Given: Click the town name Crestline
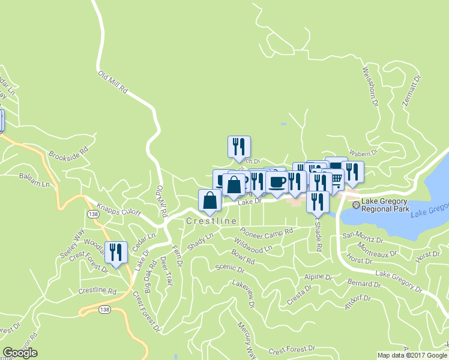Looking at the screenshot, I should coord(211,221).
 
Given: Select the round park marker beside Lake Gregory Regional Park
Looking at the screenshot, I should coord(355,205).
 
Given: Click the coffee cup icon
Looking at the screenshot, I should coord(277,181).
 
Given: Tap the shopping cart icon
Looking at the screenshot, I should coord(335,178).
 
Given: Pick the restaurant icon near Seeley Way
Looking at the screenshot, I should coord(116,251).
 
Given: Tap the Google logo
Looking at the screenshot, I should coord(20,353).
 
